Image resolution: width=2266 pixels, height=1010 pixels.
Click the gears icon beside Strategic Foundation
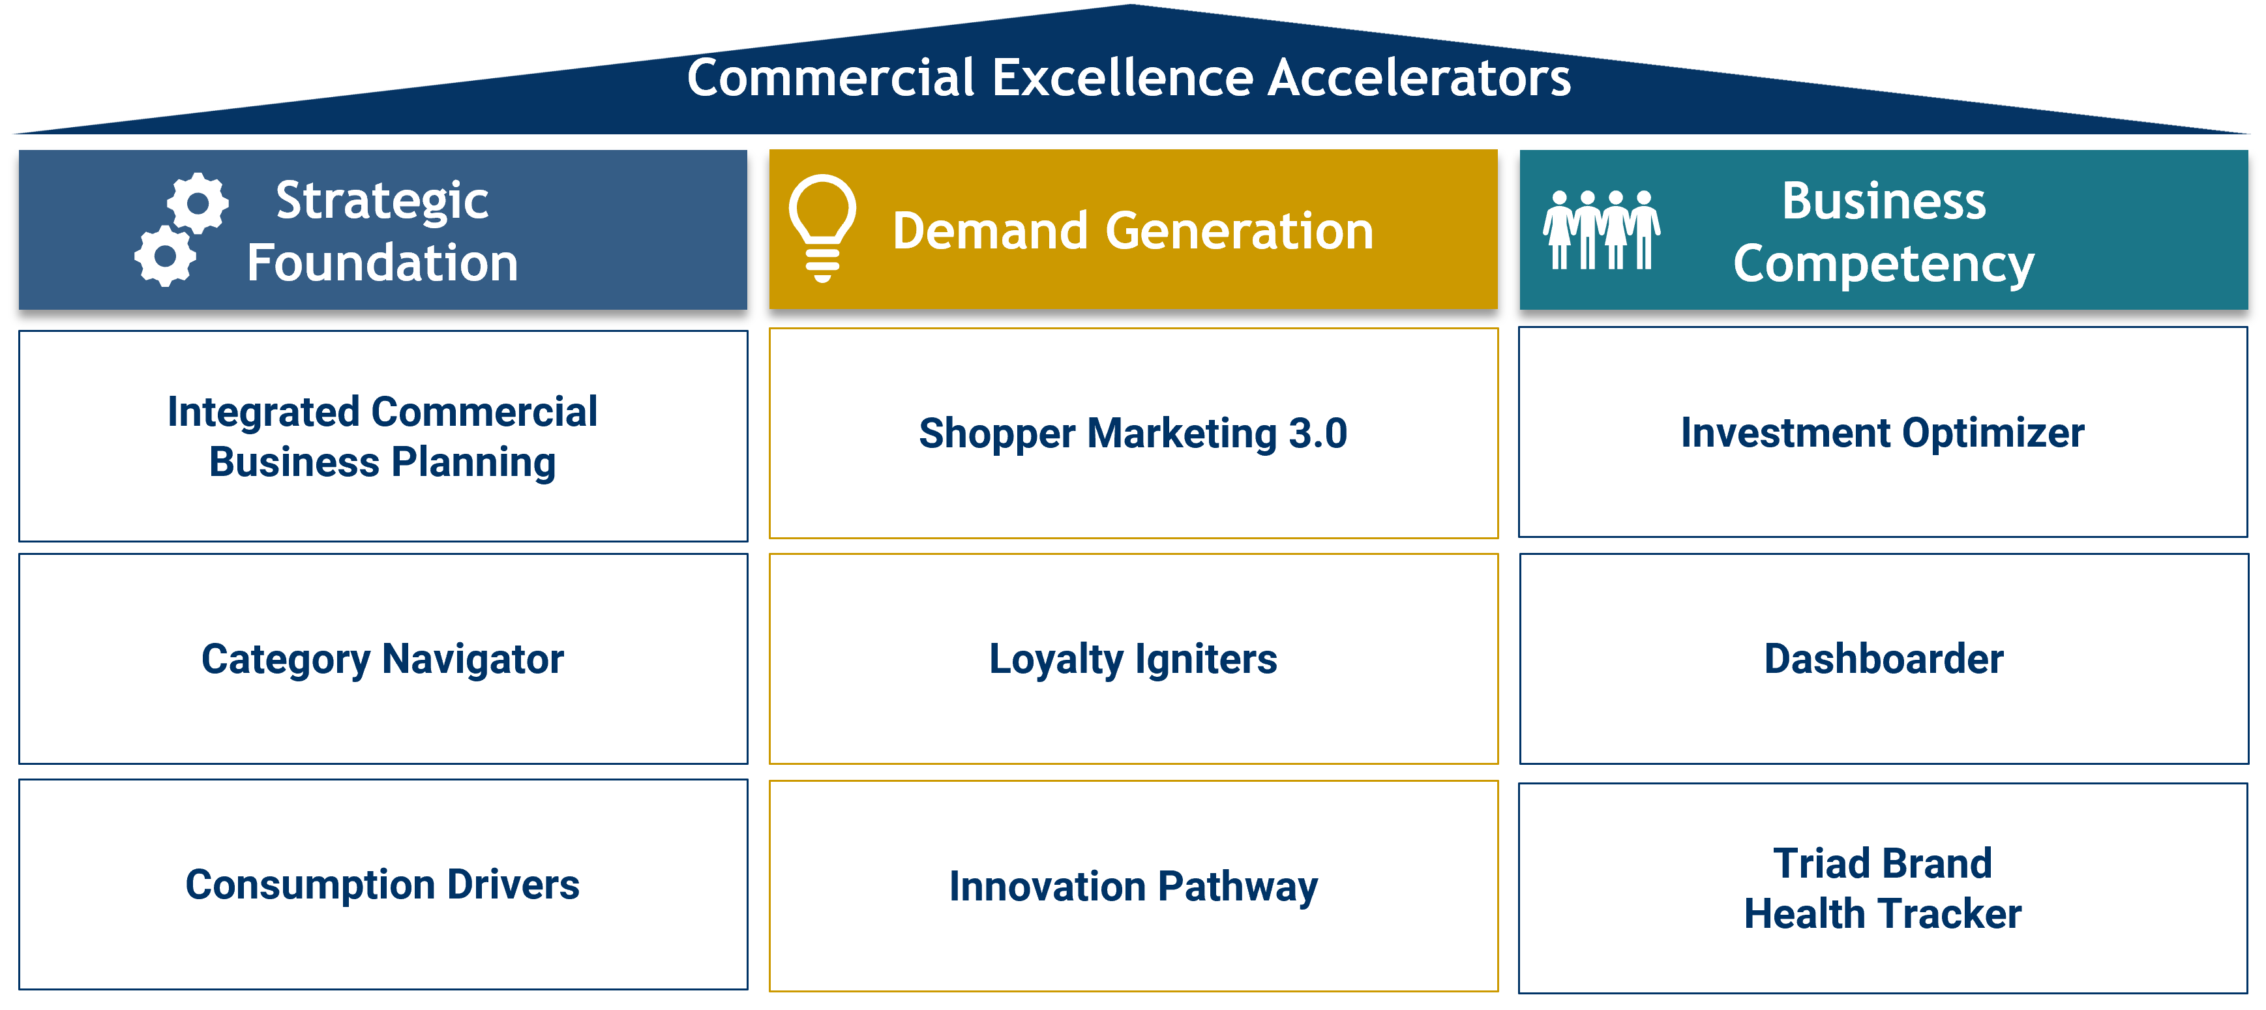pos(181,230)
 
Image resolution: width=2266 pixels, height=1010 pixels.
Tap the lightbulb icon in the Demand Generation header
pos(822,228)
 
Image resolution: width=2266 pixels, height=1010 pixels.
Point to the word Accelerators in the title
pos(1419,78)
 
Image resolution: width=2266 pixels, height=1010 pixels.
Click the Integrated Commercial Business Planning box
pos(383,436)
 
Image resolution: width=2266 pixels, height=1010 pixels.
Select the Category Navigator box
pos(383,659)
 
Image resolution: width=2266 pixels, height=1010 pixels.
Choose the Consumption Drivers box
pos(383,884)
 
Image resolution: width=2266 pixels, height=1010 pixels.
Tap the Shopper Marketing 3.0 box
pos(1134,434)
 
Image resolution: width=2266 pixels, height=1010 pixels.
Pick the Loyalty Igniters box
pos(1134,659)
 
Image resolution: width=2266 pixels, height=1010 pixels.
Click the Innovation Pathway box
pos(1134,886)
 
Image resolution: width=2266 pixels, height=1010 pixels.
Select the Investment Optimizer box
pos(1883,432)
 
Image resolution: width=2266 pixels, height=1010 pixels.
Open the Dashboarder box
pos(1883,659)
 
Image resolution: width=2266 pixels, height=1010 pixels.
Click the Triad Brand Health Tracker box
pos(1883,889)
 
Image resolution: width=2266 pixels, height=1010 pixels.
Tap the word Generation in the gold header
pos(1240,231)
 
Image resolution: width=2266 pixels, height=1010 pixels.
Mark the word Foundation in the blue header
pos(383,263)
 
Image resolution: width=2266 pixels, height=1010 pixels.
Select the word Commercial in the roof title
pos(831,78)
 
